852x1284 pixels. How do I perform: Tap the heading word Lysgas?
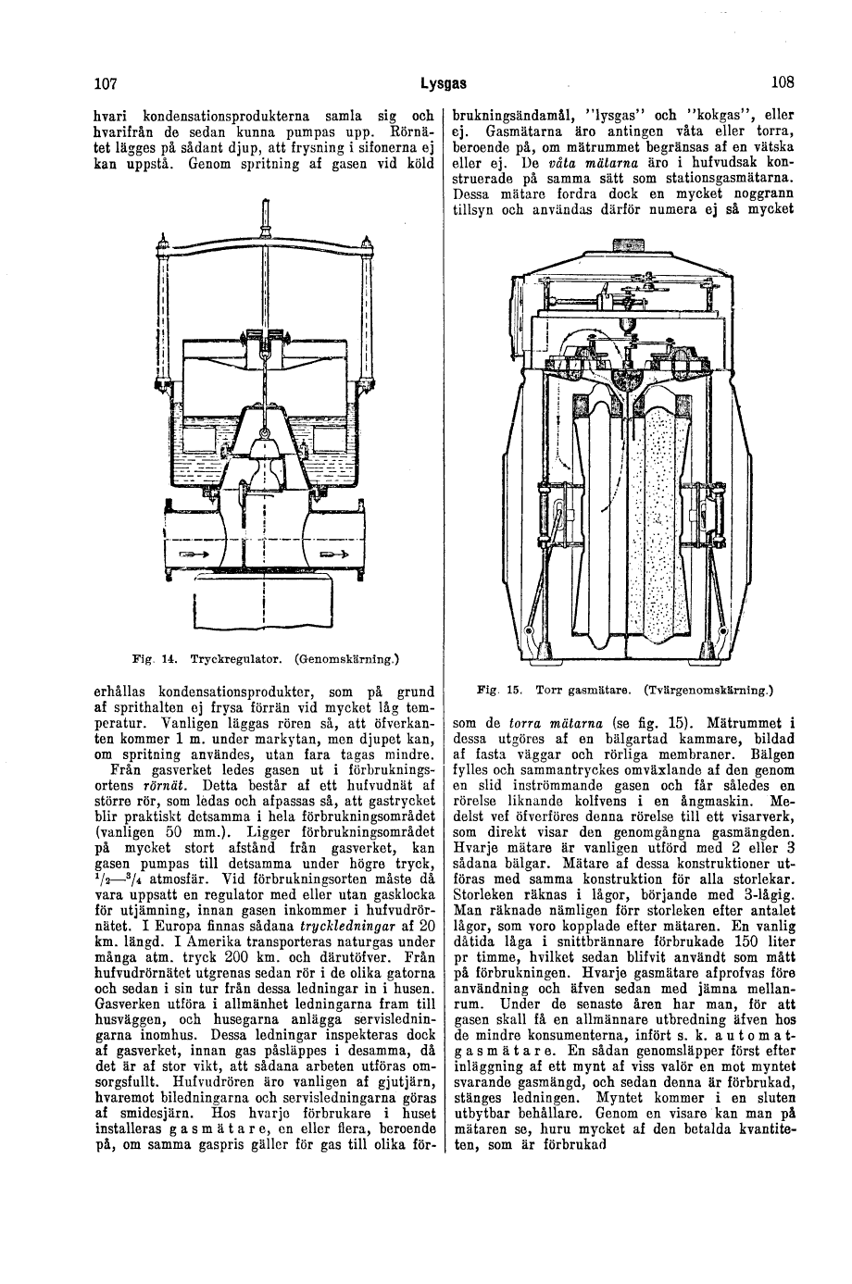pos(442,83)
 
